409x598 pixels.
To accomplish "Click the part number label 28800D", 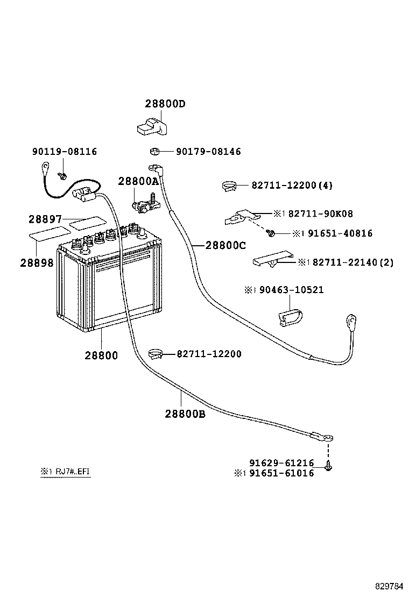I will (x=164, y=104).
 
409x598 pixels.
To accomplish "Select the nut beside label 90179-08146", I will (x=153, y=152).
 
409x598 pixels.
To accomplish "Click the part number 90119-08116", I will (x=65, y=152).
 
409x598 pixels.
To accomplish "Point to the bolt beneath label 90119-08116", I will (x=64, y=175).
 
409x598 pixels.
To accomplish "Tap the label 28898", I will (x=37, y=262).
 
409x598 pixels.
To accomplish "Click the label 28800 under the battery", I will (x=101, y=355).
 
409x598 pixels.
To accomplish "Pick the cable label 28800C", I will (x=225, y=246).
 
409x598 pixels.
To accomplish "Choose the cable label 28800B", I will (x=185, y=414).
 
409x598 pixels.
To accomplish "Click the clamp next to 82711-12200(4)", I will (x=230, y=187).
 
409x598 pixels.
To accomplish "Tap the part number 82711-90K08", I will (x=321, y=213).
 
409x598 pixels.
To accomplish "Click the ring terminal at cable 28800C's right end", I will (x=352, y=322).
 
